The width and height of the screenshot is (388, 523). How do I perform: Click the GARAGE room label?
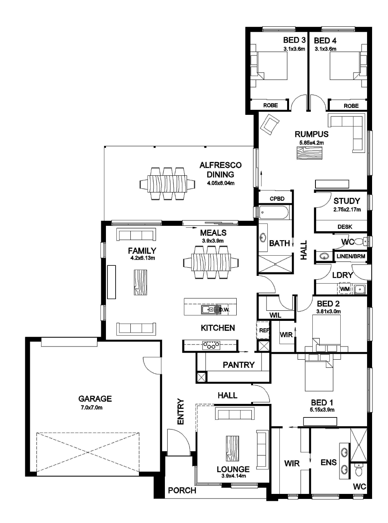(95, 398)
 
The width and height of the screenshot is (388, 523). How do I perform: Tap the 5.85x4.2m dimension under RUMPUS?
(311, 143)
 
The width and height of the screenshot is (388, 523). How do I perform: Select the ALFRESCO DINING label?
(220, 170)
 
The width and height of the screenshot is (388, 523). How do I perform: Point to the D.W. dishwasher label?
(224, 310)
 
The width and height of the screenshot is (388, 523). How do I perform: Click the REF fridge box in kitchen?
(263, 331)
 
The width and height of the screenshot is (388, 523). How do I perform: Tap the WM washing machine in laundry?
(345, 289)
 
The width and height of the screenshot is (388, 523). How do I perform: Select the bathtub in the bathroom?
(274, 213)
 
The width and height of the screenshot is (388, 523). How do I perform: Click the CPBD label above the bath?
(277, 199)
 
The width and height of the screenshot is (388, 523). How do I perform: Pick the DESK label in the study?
(345, 227)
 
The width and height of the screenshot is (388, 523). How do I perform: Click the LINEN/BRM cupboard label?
(351, 256)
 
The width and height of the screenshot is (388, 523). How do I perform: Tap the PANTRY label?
(238, 365)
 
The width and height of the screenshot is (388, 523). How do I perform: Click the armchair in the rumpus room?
(270, 124)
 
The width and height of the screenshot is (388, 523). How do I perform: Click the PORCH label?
(182, 490)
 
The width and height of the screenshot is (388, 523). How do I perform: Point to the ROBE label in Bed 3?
(270, 105)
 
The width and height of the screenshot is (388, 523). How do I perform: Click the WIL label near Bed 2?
(275, 315)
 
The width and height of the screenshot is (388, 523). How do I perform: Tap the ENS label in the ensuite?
(328, 462)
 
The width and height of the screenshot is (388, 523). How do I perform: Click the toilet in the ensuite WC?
(359, 470)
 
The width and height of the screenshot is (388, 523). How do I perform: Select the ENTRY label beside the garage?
(180, 411)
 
